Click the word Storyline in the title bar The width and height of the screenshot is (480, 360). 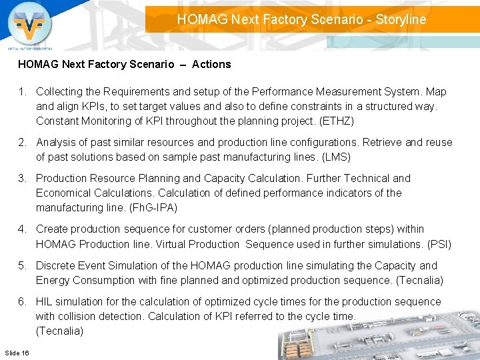(401, 19)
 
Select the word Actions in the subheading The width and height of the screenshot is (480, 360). (211, 65)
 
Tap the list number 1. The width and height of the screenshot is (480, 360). (22, 91)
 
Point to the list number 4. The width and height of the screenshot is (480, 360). (22, 229)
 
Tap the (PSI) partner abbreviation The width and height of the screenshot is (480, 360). (439, 244)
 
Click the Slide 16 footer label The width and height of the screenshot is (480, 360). (17, 351)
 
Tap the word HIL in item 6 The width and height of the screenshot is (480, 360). (45, 301)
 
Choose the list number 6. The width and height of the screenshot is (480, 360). (22, 301)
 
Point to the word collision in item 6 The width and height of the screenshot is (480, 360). (81, 316)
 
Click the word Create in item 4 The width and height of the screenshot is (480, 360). (52, 229)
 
